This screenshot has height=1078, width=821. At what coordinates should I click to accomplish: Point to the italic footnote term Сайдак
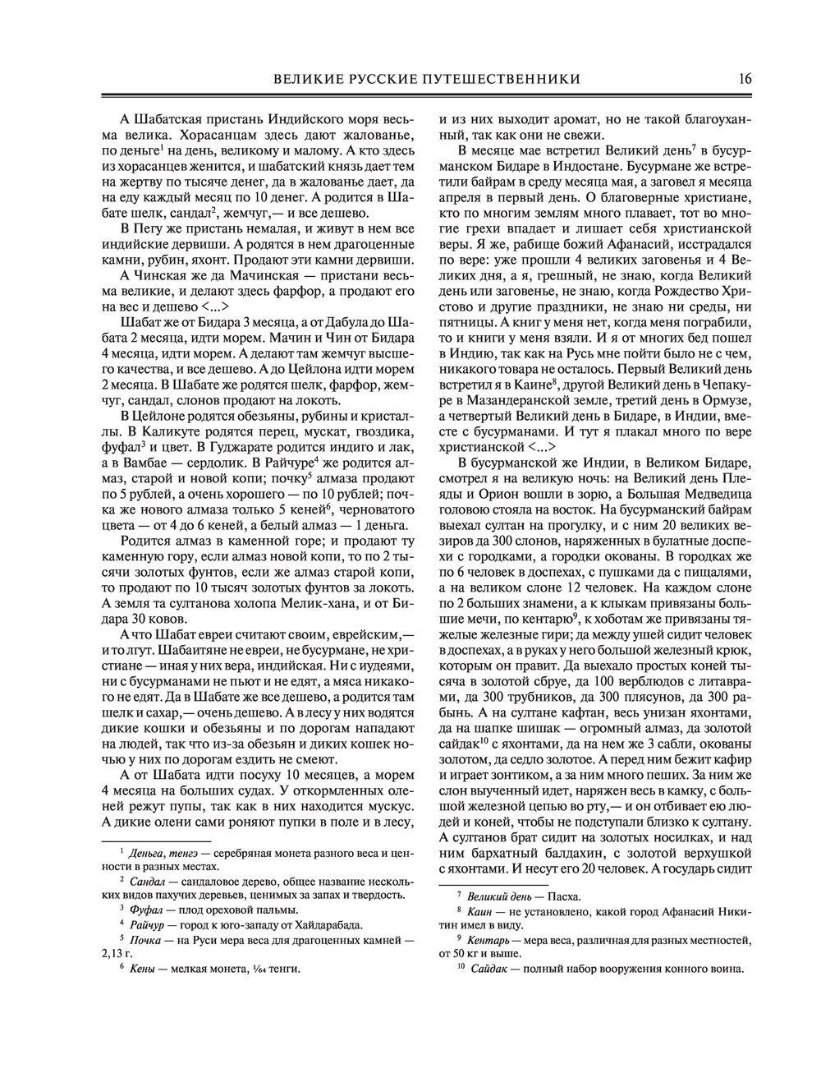tap(491, 970)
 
